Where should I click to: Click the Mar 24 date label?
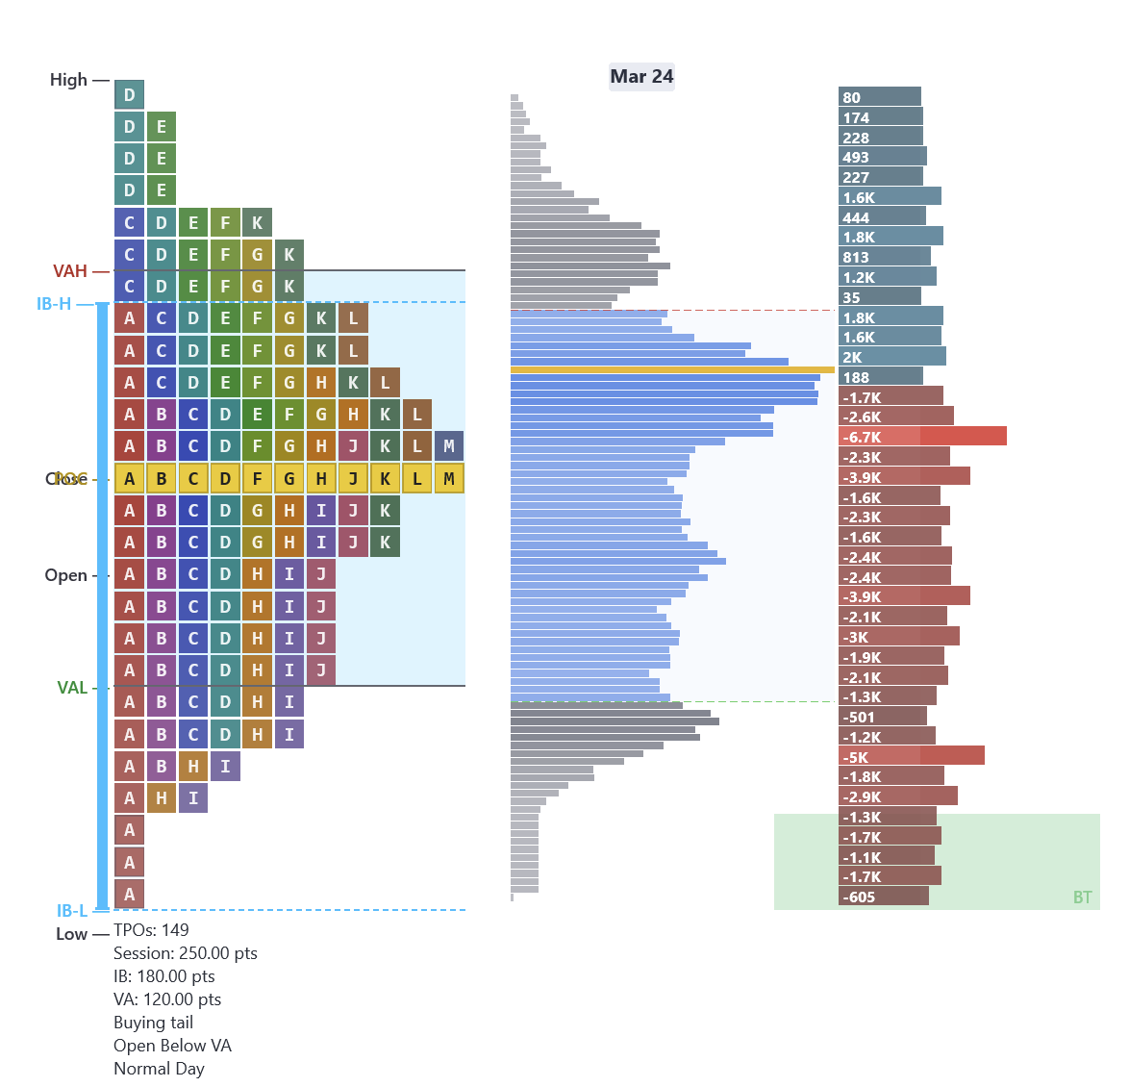coord(641,77)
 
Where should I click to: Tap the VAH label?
coord(70,271)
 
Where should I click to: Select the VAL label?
coord(72,688)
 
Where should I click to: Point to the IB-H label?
coord(54,304)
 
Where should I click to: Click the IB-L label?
coord(71,910)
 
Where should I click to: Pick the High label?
coord(68,80)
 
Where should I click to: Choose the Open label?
coord(65,575)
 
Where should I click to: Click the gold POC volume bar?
coord(672,369)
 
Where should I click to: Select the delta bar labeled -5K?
coord(911,756)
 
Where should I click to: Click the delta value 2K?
coord(853,357)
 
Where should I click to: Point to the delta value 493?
coord(856,157)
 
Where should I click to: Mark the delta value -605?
coord(860,897)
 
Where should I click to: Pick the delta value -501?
coord(860,717)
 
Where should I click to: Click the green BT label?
coord(1082,897)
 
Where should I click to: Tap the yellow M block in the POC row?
coord(449,479)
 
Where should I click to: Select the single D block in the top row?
coord(130,95)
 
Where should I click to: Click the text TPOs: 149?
coord(151,930)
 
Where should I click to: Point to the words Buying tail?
coord(153,1023)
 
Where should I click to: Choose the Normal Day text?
coord(159,1069)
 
